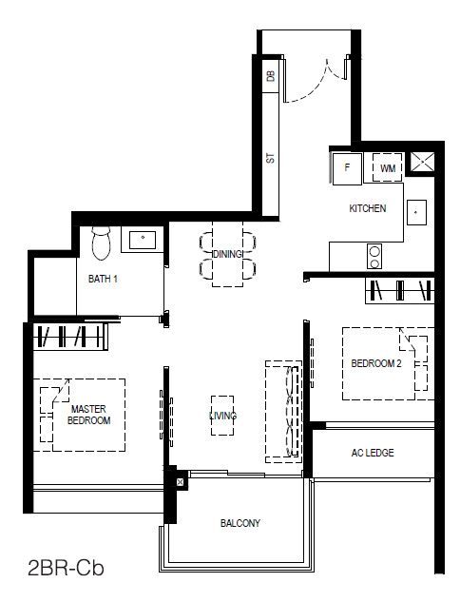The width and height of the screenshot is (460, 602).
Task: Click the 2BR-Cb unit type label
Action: pos(66,568)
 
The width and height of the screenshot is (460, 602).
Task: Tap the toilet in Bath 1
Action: pos(102,243)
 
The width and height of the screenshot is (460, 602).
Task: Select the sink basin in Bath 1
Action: pos(143,240)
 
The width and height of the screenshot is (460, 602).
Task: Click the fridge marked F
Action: pos(347,168)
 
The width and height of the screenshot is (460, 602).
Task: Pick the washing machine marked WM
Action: pos(388,167)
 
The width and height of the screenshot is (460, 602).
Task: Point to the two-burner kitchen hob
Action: pos(374,257)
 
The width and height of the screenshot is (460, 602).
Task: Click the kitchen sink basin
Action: pos(416,212)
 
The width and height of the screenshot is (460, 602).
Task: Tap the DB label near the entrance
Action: pos(271,76)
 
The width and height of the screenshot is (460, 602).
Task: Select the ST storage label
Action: pos(271,158)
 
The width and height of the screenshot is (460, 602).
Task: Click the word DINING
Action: pos(228,254)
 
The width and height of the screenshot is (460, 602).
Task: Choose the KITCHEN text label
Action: pos(368,208)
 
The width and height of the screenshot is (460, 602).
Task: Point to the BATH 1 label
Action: pos(103,279)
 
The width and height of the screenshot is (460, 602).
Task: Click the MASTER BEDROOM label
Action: pos(88,415)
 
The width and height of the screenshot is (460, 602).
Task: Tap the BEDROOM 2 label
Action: pos(376,363)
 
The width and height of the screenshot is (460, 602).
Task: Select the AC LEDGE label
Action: pos(373,453)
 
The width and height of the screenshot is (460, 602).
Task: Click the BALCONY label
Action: pos(240,523)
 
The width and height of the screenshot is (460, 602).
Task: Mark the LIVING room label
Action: pos(223,416)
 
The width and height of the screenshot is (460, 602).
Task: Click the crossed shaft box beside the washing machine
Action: pos(422,162)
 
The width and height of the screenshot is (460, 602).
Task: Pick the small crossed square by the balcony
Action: pos(180,482)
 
